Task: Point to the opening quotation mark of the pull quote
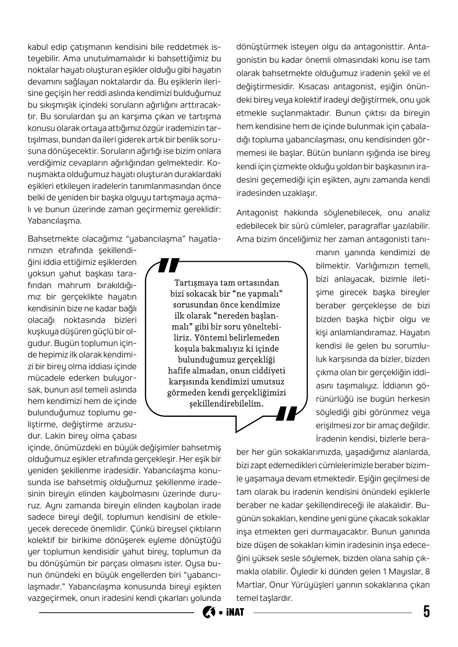point(168,265)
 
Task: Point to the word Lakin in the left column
point(54,436)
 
